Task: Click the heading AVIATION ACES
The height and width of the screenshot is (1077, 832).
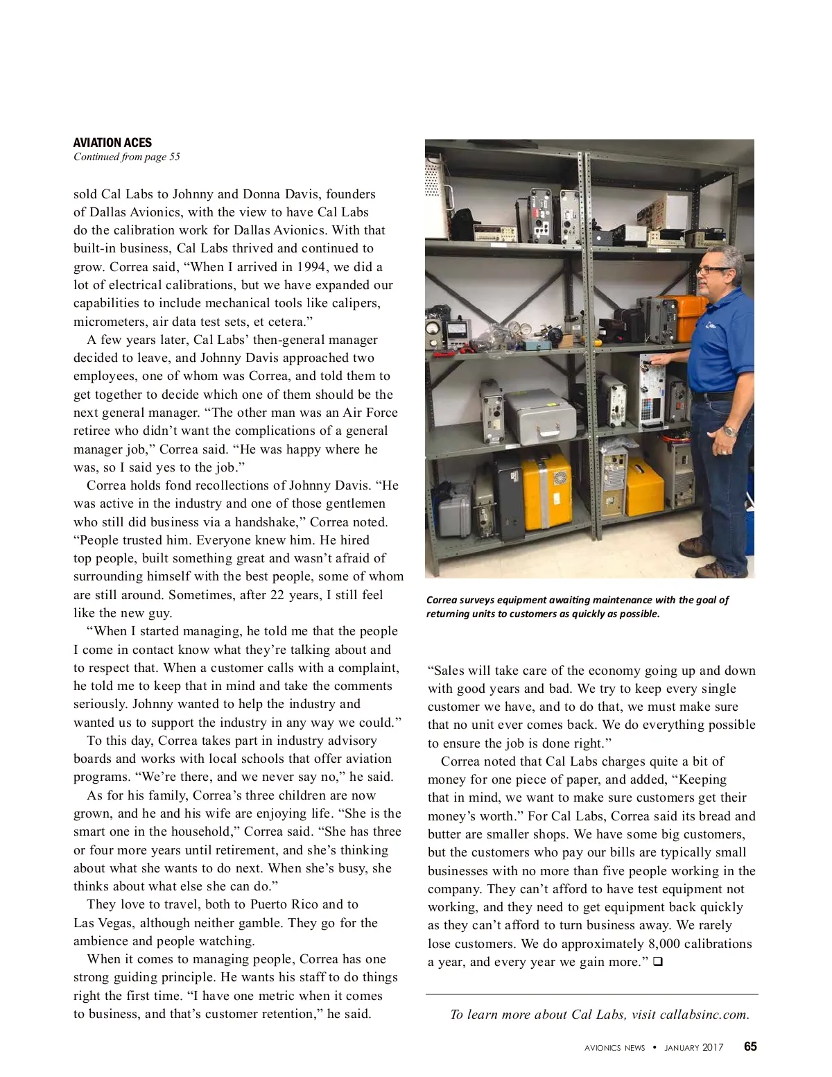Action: (x=112, y=143)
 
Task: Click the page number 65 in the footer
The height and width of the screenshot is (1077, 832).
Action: (x=750, y=1046)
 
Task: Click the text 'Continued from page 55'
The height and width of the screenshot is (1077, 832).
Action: (x=127, y=157)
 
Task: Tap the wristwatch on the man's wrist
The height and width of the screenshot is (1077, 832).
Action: (x=728, y=430)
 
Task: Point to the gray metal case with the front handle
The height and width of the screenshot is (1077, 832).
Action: (x=540, y=417)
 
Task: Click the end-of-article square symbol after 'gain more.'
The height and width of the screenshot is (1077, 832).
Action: (x=657, y=962)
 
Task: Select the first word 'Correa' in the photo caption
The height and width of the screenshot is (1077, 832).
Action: (x=441, y=600)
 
